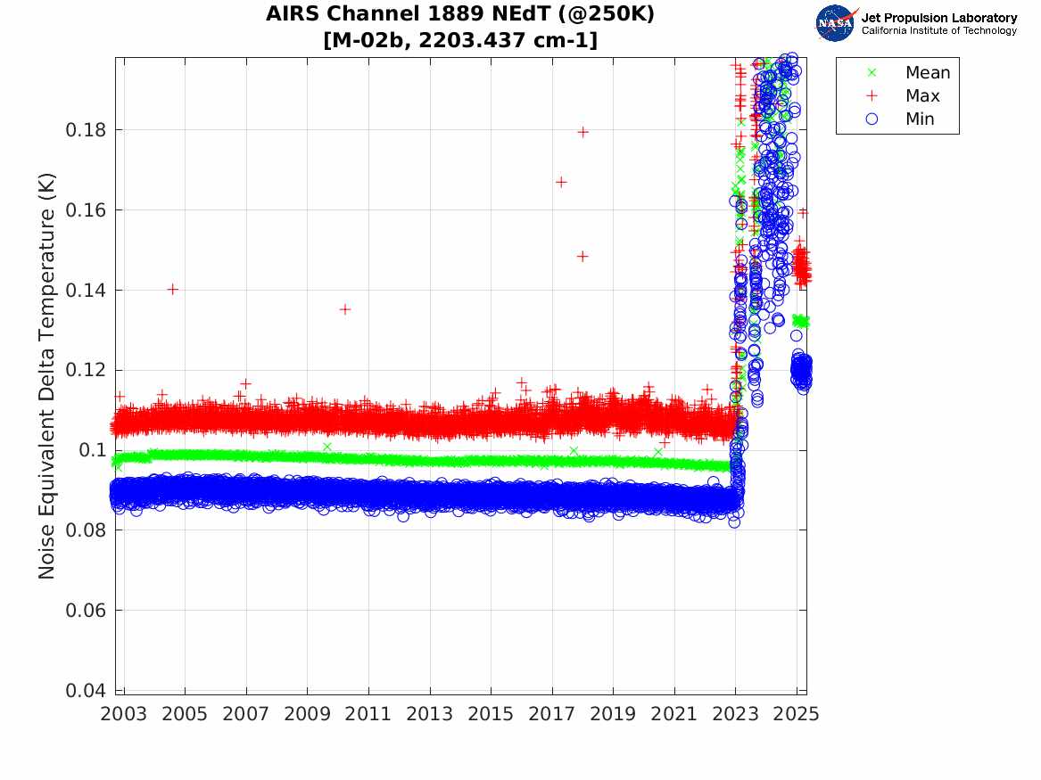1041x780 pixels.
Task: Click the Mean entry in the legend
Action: coord(927,73)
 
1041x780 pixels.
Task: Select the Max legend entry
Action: coord(921,96)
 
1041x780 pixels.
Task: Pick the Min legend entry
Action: coord(920,119)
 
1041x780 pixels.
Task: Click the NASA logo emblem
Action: coord(836,22)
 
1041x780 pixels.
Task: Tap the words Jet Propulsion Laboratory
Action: coord(938,18)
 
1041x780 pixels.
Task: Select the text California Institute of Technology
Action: coord(938,31)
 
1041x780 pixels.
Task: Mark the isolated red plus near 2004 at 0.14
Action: coord(173,289)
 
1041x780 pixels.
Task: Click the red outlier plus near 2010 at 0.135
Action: coord(345,309)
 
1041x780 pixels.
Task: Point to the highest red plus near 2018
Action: coord(582,132)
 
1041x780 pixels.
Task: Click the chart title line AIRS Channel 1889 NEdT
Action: coord(460,15)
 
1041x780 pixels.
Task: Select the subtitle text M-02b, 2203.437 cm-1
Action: coord(460,40)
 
